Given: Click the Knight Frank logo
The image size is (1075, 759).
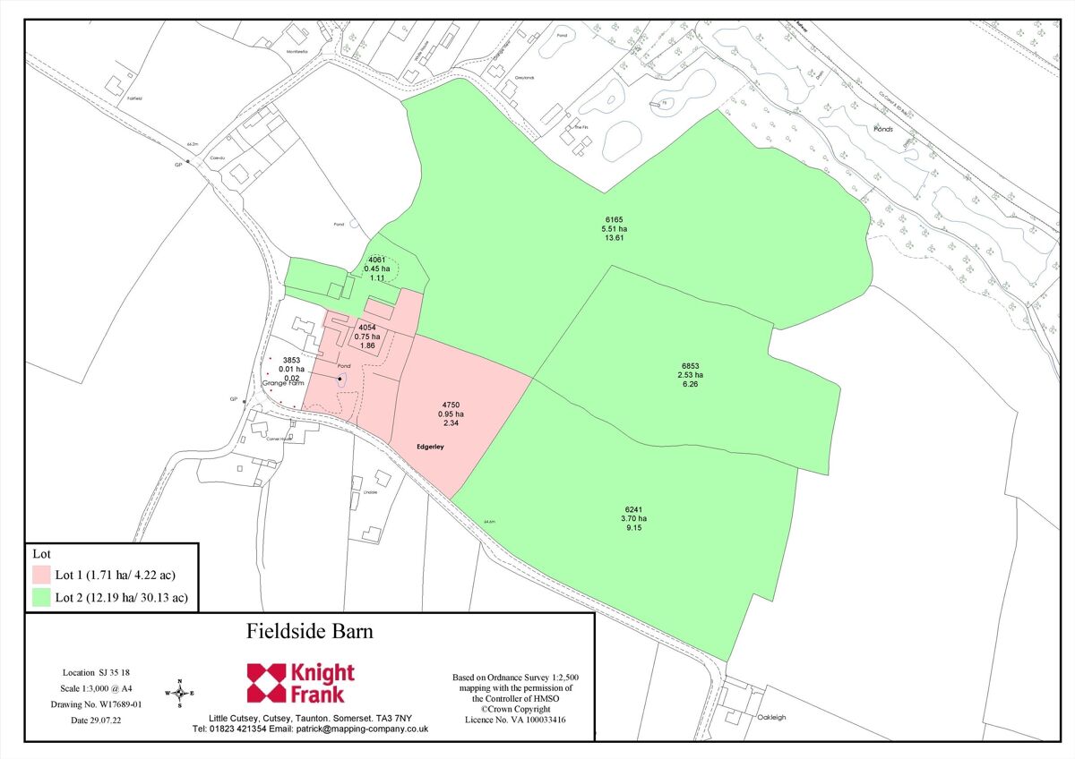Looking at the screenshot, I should pos(301,684).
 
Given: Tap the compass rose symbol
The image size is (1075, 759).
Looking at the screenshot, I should pos(180,693).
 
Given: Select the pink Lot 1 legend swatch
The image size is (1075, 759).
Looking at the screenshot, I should pos(40,573).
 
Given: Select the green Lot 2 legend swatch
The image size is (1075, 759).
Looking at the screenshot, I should pos(40,597).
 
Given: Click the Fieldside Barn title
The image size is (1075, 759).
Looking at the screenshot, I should pos(309,631).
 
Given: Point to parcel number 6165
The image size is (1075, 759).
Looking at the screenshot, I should pos(614,218).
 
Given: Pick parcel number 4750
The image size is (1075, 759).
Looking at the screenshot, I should pos(451,404).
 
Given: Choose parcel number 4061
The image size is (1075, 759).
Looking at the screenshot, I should pos(377,259).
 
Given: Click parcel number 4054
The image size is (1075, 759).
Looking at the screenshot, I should pos(367,327).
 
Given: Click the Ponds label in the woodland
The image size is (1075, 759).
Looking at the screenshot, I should pos(882,129).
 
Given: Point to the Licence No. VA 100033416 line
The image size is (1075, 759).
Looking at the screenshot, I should pos(515,720).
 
